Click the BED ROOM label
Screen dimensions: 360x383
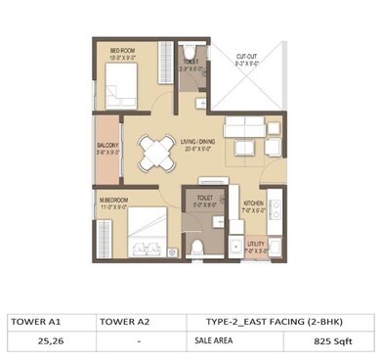[122, 51]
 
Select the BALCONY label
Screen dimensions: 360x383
[106, 146]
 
